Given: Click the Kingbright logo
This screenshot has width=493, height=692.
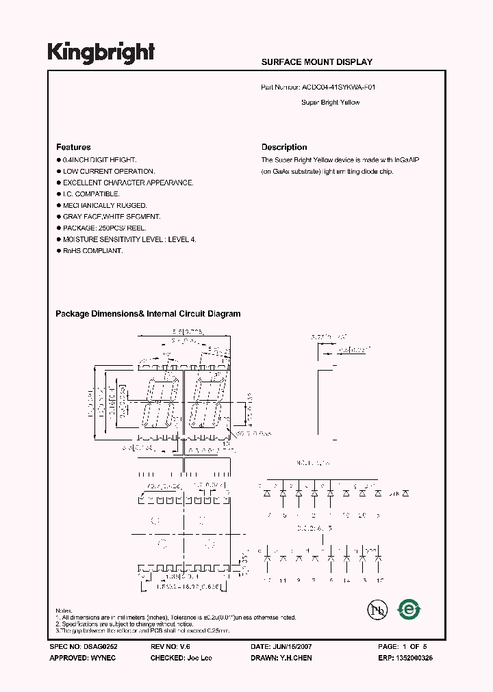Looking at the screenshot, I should [101, 53].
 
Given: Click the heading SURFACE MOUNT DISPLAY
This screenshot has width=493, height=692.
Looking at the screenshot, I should [316, 62].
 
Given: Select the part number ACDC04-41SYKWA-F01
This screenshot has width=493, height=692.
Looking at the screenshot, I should [339, 88].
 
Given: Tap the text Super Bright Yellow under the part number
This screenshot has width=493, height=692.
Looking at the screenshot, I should [330, 103].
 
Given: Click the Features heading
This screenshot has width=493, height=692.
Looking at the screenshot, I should [73, 147].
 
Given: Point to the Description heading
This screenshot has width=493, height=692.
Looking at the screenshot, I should [284, 147].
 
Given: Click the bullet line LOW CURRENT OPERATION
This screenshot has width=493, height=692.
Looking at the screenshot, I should [109, 172].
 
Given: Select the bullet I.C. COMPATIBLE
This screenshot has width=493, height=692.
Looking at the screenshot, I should [91, 194].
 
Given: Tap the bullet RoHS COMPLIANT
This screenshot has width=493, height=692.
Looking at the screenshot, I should [92, 251].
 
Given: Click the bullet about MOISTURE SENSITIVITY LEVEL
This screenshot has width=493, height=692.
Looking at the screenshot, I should [129, 239].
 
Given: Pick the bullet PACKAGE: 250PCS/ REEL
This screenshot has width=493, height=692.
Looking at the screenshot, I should [104, 228].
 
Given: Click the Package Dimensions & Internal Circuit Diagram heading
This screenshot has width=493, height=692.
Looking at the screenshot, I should [148, 314].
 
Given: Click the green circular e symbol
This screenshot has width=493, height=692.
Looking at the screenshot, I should [409, 609].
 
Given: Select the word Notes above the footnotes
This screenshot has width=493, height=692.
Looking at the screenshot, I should [64, 610].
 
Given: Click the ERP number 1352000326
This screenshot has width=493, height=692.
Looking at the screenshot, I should [414, 658].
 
